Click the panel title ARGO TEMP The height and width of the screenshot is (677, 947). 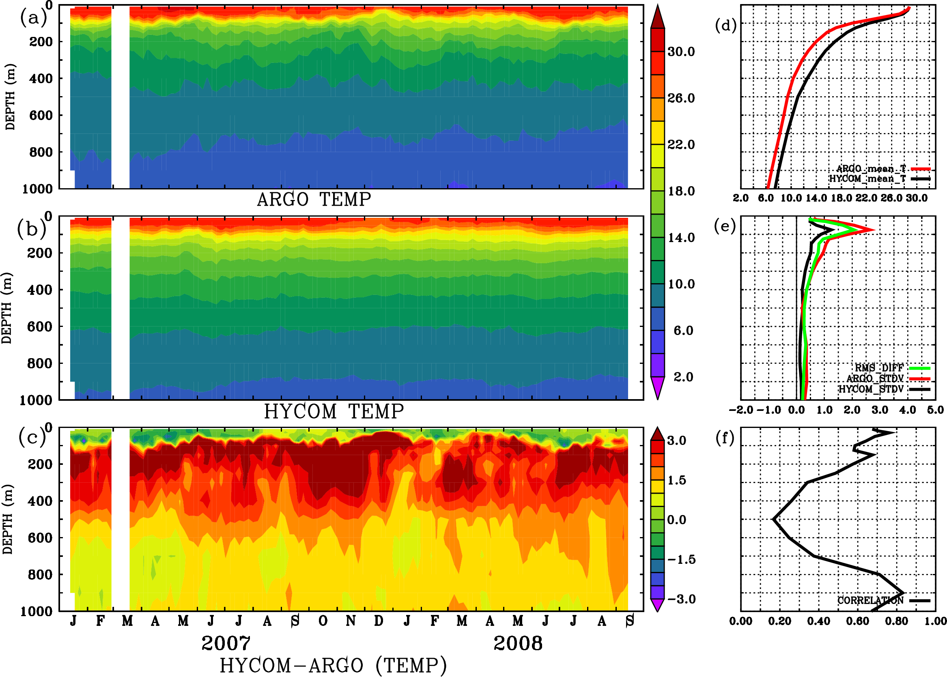tap(314, 200)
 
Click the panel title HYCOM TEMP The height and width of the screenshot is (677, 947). tap(334, 411)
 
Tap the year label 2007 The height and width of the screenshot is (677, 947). tap(226, 643)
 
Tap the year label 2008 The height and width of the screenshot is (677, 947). tap(518, 643)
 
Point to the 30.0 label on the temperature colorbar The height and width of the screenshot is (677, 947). tap(681, 52)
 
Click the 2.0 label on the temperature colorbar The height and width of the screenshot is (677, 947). tap(683, 377)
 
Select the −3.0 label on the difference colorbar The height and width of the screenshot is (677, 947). tap(681, 599)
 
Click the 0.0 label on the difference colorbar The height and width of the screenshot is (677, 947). tap(677, 520)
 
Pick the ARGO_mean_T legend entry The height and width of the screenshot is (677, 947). tap(871, 169)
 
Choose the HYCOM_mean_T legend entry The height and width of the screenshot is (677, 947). tap(867, 179)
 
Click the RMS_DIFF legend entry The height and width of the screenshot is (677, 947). tap(879, 368)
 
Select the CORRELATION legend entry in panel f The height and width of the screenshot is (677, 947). tap(871, 600)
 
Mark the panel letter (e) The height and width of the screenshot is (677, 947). tap(725, 226)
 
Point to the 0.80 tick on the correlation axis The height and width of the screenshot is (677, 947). tap(897, 621)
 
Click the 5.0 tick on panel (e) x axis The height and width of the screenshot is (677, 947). tap(935, 410)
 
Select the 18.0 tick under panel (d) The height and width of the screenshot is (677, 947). tap(841, 198)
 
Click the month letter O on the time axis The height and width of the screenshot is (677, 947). tap(323, 621)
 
